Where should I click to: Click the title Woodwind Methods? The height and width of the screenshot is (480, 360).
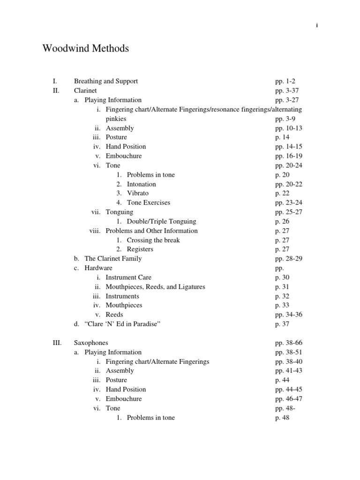click(85, 48)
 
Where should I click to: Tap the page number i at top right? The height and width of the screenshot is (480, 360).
click(317, 25)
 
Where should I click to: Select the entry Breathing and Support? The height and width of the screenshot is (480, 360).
click(106, 81)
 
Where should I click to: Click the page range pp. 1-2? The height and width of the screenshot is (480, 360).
click(285, 81)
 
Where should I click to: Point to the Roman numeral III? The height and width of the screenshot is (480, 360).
click(57, 343)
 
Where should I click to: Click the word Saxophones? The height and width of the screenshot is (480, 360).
click(91, 343)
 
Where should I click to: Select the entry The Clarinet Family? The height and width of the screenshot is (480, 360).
click(113, 258)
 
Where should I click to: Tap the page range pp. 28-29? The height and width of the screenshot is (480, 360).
click(289, 258)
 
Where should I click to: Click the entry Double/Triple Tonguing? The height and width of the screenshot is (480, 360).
click(161, 221)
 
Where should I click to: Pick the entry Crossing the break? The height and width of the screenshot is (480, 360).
click(153, 240)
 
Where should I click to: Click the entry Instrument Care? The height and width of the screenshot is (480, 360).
click(128, 277)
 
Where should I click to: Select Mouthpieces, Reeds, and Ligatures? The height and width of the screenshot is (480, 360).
click(155, 286)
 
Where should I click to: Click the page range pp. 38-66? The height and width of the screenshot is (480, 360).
click(289, 343)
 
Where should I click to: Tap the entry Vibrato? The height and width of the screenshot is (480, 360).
click(137, 193)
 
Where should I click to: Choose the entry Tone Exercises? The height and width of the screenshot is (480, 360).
click(148, 202)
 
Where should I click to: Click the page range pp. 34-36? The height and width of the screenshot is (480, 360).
click(289, 315)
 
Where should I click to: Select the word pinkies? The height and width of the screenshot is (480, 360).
click(116, 119)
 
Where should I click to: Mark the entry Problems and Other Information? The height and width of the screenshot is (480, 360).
click(151, 231)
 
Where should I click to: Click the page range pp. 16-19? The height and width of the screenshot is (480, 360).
click(289, 156)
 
